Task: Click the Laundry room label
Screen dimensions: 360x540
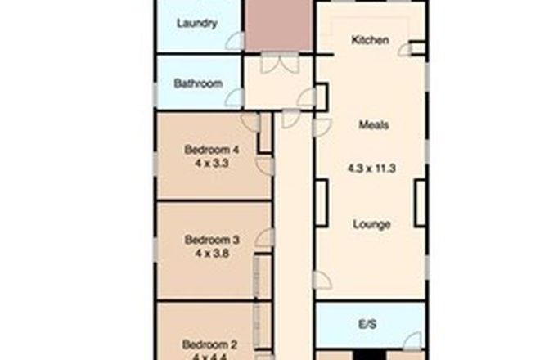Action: coord(197,23)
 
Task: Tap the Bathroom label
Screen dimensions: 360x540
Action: coord(198,83)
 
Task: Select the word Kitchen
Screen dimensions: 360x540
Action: coord(370,40)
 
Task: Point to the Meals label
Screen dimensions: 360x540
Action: coord(373,125)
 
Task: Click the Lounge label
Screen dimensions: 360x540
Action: coord(371,224)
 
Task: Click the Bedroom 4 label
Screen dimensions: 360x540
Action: coord(212,150)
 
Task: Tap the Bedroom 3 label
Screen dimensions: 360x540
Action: coord(212,240)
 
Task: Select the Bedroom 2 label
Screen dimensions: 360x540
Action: coord(210,343)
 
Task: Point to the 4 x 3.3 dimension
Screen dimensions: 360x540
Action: coord(212,163)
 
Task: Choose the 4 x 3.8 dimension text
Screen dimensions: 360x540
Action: coord(212,253)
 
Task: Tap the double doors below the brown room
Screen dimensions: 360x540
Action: coord(279,64)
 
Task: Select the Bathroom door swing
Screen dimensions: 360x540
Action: coord(235,98)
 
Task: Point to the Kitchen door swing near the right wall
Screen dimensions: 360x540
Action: coord(404,50)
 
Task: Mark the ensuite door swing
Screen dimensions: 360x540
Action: coord(416,338)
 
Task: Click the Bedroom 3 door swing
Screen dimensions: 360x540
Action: coord(265,237)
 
